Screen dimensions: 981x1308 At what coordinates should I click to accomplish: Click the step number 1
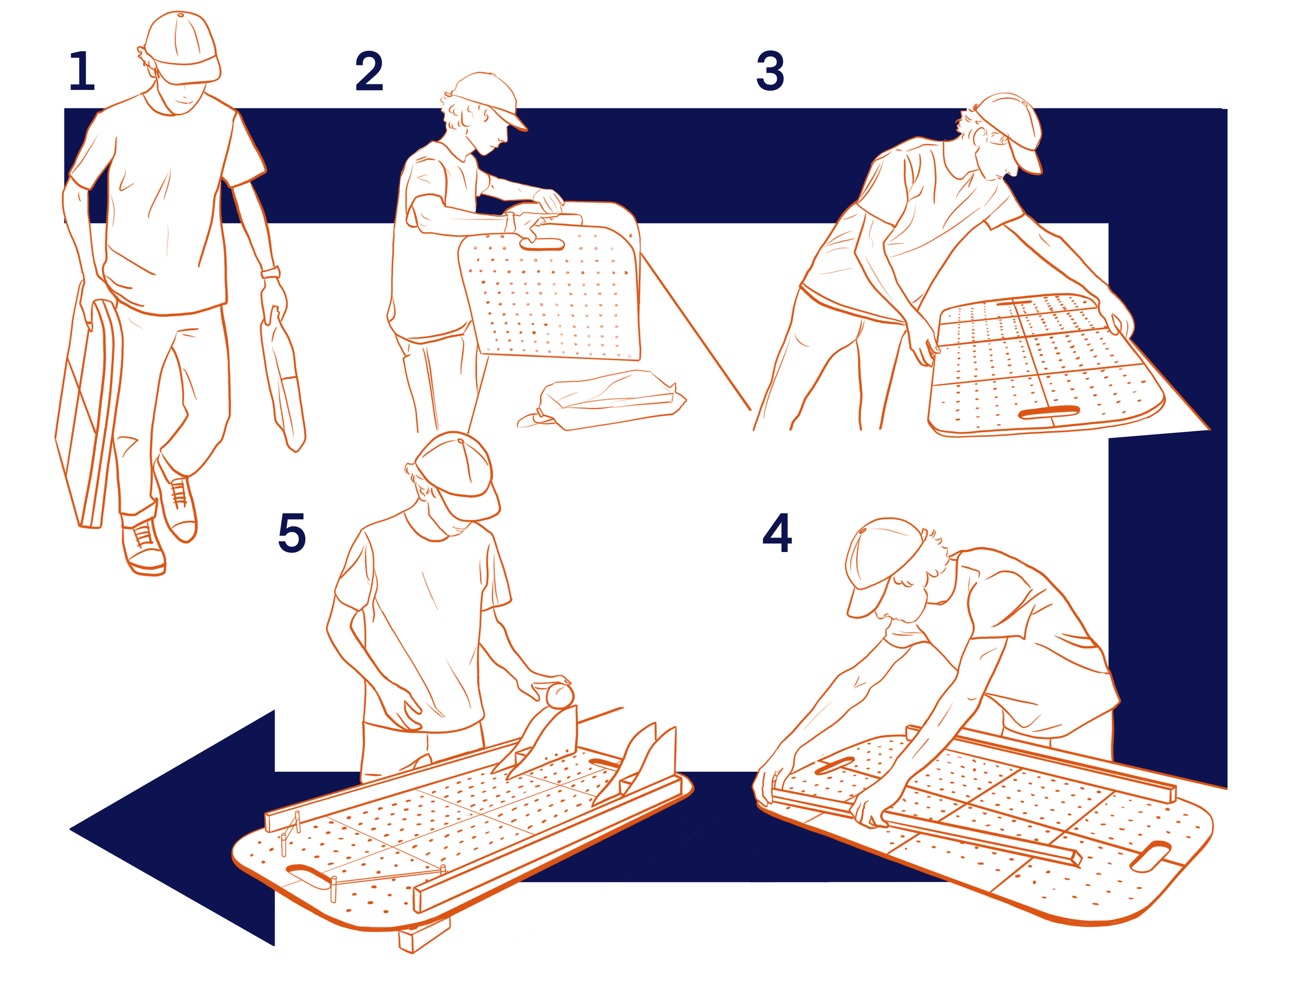click(82, 71)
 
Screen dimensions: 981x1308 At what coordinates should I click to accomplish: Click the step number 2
click(369, 71)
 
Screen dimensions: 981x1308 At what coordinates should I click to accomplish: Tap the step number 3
click(770, 71)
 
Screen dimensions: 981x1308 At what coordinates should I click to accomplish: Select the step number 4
click(777, 533)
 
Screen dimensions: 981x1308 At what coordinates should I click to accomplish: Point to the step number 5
click(292, 533)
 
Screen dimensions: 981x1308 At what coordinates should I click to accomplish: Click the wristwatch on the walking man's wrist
click(271, 272)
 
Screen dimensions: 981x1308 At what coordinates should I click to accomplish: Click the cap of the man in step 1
click(180, 44)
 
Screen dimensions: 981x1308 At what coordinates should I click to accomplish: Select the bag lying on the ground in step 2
click(609, 399)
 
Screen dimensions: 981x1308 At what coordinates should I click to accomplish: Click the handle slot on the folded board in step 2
click(542, 244)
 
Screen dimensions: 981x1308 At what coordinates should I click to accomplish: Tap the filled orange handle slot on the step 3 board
click(1050, 412)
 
